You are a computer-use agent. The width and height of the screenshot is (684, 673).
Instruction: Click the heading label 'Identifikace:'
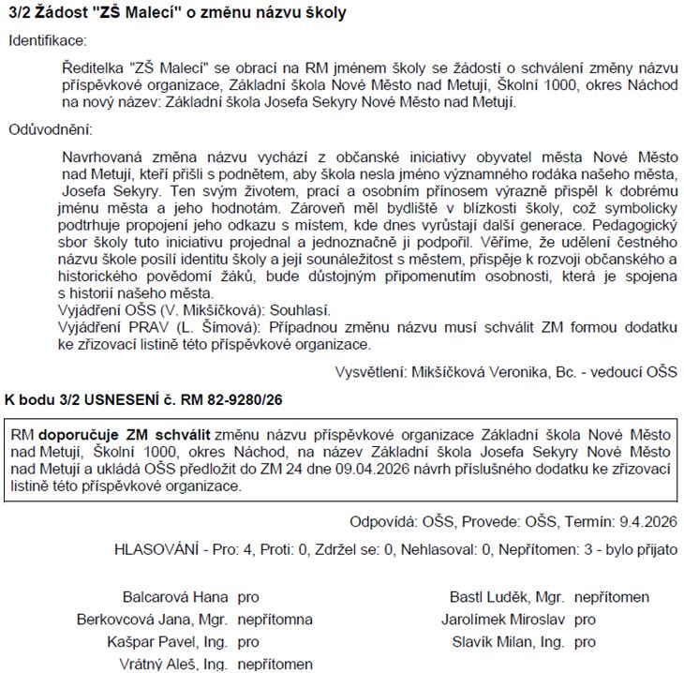pos(47,40)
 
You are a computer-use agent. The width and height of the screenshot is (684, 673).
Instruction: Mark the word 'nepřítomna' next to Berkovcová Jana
pos(275,620)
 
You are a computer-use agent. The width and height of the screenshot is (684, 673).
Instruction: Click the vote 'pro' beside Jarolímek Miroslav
pos(585,620)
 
